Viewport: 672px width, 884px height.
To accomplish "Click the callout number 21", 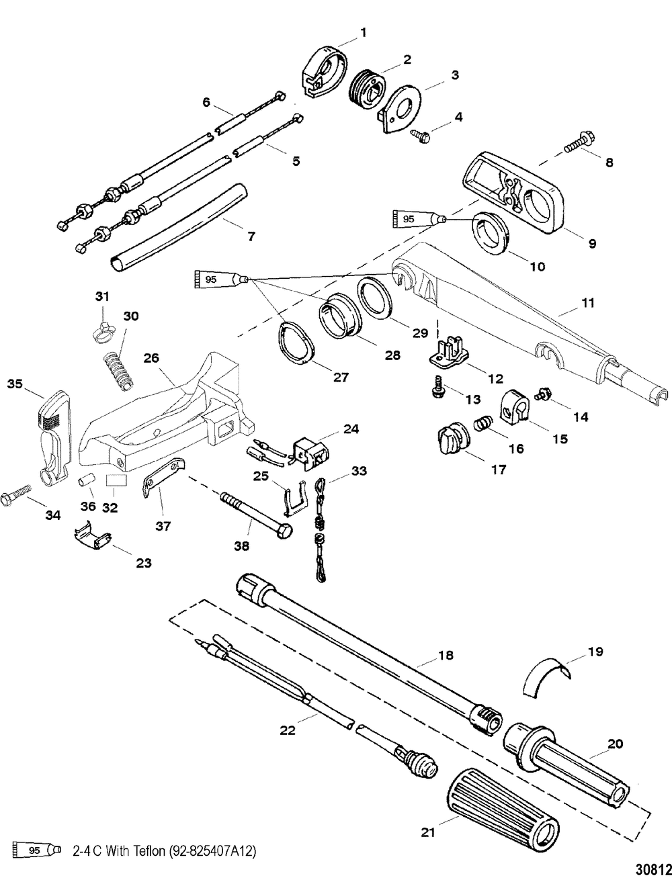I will tap(427, 832).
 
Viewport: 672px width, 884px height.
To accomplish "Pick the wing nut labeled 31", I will tap(102, 328).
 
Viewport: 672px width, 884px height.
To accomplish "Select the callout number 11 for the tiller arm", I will tap(588, 303).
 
